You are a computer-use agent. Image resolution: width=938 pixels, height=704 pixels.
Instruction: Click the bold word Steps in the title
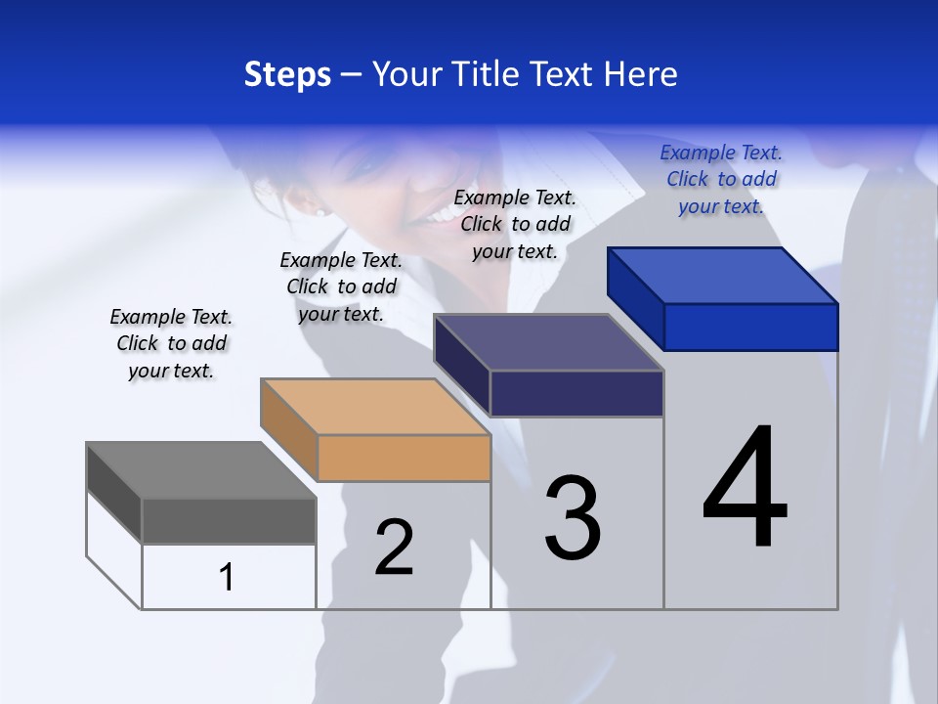[x=287, y=74]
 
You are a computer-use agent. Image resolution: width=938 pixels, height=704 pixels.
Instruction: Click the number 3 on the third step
[x=573, y=518]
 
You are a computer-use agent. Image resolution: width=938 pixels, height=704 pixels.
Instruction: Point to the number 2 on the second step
[x=394, y=548]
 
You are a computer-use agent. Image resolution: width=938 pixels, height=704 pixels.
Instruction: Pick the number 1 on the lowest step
[x=227, y=577]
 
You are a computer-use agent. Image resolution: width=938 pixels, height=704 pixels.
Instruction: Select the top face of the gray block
[x=201, y=470]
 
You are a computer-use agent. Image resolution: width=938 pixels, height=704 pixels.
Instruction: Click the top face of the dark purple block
[x=549, y=343]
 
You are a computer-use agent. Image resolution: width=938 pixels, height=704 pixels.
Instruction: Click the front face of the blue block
[x=750, y=327]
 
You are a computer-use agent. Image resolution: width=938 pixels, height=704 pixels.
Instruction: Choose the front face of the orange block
[x=404, y=458]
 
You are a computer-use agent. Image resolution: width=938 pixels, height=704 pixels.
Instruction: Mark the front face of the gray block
[x=229, y=520]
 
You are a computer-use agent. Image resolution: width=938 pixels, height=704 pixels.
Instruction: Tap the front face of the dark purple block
[x=576, y=393]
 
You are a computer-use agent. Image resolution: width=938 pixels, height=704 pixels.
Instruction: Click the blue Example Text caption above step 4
[x=721, y=179]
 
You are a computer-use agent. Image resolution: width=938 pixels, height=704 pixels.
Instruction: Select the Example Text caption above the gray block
[x=171, y=343]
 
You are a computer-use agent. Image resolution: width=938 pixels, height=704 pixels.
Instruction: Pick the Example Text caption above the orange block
[x=341, y=286]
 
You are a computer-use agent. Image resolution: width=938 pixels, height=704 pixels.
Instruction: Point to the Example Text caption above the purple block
[x=515, y=224]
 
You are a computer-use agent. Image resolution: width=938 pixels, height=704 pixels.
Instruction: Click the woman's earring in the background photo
[x=319, y=209]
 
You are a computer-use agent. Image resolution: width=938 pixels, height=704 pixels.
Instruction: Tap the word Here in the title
[x=641, y=74]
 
